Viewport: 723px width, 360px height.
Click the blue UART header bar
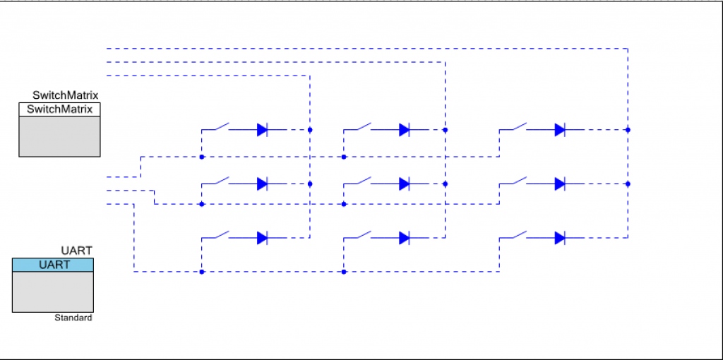[53, 265]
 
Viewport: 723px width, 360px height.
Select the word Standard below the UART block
[73, 318]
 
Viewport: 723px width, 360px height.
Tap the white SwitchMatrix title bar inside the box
[59, 109]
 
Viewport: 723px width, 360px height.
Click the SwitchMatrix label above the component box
[66, 95]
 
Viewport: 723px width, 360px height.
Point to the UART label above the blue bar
[77, 251]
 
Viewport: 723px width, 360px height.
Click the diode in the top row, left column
[263, 130]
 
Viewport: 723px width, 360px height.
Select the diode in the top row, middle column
[405, 130]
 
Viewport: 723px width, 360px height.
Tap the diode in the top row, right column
[560, 130]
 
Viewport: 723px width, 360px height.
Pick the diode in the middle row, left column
[263, 184]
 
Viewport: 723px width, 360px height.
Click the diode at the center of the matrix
[405, 184]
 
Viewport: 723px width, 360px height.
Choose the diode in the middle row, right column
[560, 184]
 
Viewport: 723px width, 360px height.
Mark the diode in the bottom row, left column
[263, 239]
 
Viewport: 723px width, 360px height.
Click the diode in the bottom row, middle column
[405, 239]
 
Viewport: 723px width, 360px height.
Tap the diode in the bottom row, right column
[560, 239]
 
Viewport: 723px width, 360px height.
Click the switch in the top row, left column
[220, 126]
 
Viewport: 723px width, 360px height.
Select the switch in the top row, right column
[518, 126]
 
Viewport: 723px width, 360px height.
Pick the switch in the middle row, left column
[220, 180]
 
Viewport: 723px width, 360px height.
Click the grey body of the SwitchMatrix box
[59, 136]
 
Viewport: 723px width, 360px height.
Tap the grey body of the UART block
[53, 292]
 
